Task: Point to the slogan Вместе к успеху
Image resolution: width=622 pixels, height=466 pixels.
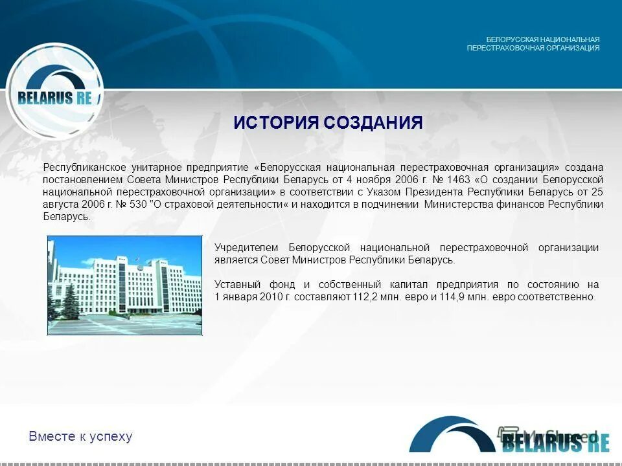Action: click(80, 436)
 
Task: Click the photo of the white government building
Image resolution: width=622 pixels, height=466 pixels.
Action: click(125, 285)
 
